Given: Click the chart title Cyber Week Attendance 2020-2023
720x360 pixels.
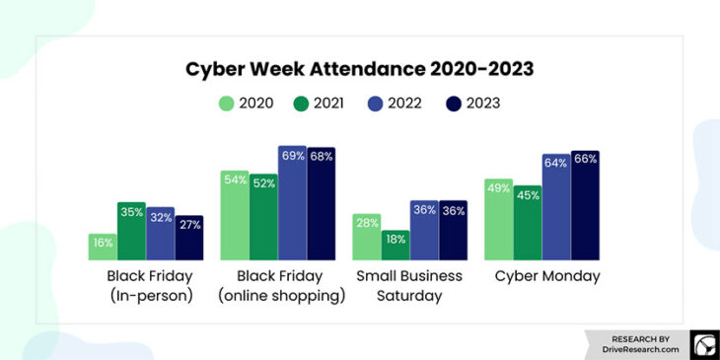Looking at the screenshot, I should click(359, 69).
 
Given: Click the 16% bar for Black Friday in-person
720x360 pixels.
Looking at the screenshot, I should click(103, 247).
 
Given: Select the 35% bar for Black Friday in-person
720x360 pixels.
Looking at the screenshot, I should click(131, 232).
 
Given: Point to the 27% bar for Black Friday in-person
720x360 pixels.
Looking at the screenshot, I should click(189, 238).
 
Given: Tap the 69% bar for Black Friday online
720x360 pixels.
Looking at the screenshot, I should click(292, 203).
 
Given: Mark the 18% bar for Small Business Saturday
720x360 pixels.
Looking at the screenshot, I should click(396, 245).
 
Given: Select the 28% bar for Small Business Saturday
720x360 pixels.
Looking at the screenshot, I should click(366, 237).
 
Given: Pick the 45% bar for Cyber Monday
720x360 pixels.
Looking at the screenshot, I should click(527, 222).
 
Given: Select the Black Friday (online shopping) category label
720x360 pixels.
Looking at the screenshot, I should click(277, 286).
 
